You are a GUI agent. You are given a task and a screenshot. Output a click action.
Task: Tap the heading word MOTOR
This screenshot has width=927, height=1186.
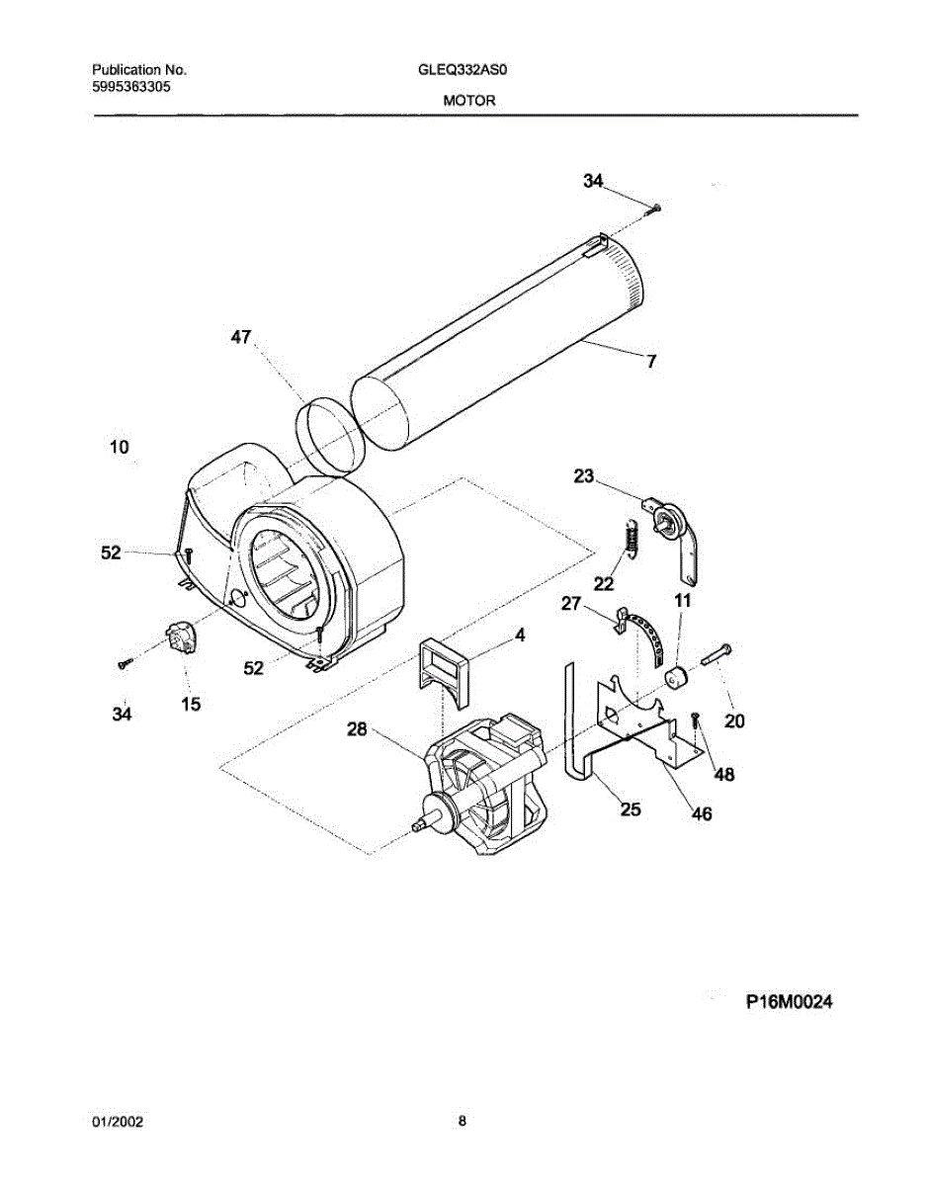pyautogui.click(x=463, y=101)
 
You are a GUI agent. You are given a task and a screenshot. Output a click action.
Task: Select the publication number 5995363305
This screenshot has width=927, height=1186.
pyautogui.click(x=130, y=86)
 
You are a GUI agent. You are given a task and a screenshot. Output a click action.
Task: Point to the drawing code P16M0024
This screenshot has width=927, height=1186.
pyautogui.click(x=789, y=1002)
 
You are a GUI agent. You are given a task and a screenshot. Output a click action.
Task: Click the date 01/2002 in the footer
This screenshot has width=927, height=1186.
pyautogui.click(x=118, y=1122)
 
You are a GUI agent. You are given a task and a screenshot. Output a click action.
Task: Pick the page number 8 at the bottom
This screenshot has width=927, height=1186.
pyautogui.click(x=463, y=1121)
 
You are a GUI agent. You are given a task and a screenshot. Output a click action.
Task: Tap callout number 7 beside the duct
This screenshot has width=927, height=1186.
pyautogui.click(x=651, y=362)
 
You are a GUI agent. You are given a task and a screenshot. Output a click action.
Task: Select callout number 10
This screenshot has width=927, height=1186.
pyautogui.click(x=119, y=448)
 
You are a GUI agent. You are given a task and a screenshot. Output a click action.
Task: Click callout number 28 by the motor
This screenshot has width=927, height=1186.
pyautogui.click(x=357, y=730)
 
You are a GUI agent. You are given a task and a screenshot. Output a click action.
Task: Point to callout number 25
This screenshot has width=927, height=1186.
pyautogui.click(x=630, y=809)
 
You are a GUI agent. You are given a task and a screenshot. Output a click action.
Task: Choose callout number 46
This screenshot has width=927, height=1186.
pyautogui.click(x=701, y=814)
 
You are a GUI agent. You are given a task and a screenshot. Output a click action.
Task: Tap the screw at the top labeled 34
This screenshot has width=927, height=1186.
pyautogui.click(x=654, y=207)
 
